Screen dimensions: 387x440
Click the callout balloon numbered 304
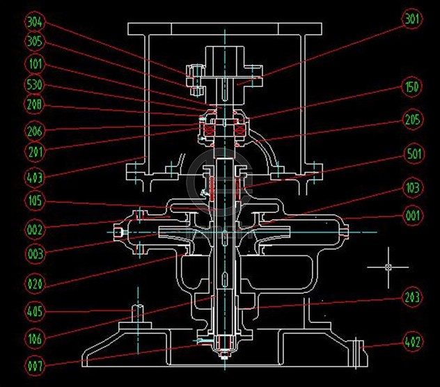[x=34, y=22]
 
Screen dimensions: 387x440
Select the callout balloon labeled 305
[x=34, y=42]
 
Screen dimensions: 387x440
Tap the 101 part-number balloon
[x=34, y=63]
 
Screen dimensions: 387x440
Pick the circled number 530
[x=34, y=84]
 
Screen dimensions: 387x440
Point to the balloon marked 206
[x=34, y=129]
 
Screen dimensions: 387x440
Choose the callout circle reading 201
[x=34, y=151]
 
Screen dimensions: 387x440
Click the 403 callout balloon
[x=34, y=177]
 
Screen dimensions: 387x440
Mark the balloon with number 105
[x=34, y=202]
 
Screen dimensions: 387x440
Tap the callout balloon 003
[x=34, y=253]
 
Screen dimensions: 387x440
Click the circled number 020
[x=34, y=283]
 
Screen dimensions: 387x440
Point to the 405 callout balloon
[x=34, y=311]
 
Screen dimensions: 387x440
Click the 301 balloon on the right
[x=412, y=20]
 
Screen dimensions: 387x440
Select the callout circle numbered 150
[x=412, y=88]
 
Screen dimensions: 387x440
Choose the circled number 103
[x=412, y=187]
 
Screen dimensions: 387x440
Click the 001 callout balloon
[x=412, y=216]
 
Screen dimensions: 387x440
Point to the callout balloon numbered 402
[x=412, y=342]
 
